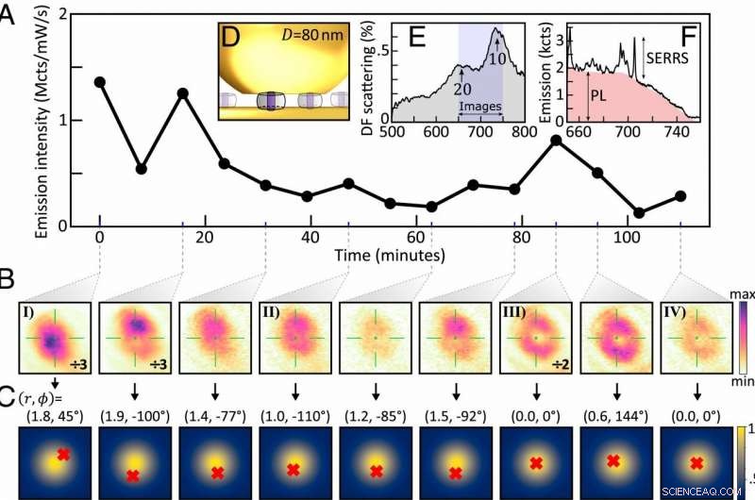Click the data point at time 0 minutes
(x=99, y=82)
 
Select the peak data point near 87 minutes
(x=556, y=141)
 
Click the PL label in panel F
(x=601, y=96)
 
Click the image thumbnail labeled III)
(x=534, y=337)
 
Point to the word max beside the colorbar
(x=742, y=296)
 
